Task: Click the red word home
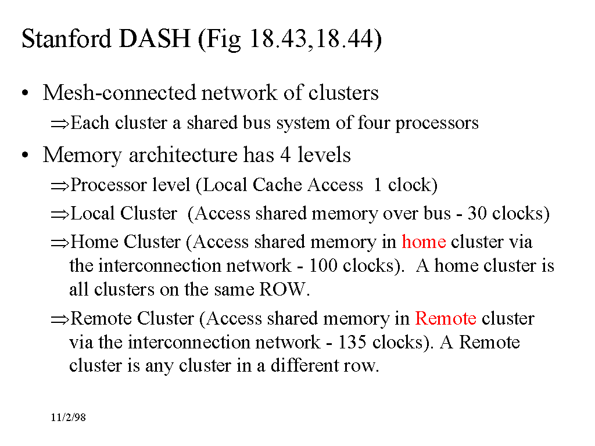tap(424, 242)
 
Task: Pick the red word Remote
tap(446, 318)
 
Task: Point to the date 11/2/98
tap(68, 418)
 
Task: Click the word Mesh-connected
tap(120, 93)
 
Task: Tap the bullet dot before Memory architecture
tap(25, 156)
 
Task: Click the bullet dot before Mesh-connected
tap(25, 93)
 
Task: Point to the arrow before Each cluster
tap(59, 124)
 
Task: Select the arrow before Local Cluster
tap(59, 214)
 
